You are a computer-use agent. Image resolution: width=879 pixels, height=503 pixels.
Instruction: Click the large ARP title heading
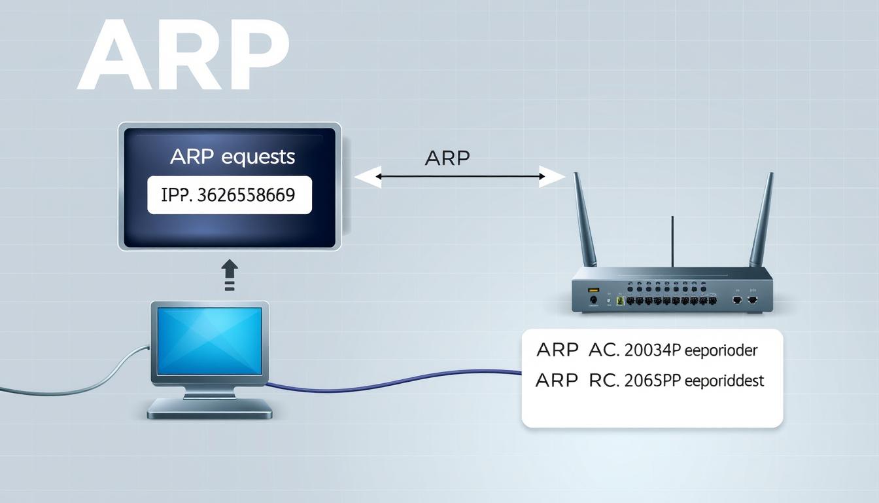click(183, 55)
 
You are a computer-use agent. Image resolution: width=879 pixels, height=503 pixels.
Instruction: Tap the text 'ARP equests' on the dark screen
click(232, 157)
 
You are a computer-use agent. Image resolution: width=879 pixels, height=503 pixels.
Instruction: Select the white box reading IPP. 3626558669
click(230, 195)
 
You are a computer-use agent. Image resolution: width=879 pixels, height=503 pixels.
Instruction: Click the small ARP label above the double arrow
click(447, 158)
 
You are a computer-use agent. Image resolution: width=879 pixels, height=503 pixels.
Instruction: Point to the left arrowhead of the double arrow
click(368, 177)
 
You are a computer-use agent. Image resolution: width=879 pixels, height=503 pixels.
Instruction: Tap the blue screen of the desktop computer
click(209, 341)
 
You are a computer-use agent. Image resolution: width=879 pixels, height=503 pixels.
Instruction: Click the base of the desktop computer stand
click(209, 409)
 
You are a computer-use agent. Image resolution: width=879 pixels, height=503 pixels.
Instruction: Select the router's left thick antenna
click(585, 219)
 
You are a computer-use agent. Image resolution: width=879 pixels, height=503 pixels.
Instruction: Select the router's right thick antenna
click(762, 219)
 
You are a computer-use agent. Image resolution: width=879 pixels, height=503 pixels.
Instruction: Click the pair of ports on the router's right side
click(744, 299)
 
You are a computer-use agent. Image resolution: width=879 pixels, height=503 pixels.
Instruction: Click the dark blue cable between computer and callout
click(392, 383)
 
